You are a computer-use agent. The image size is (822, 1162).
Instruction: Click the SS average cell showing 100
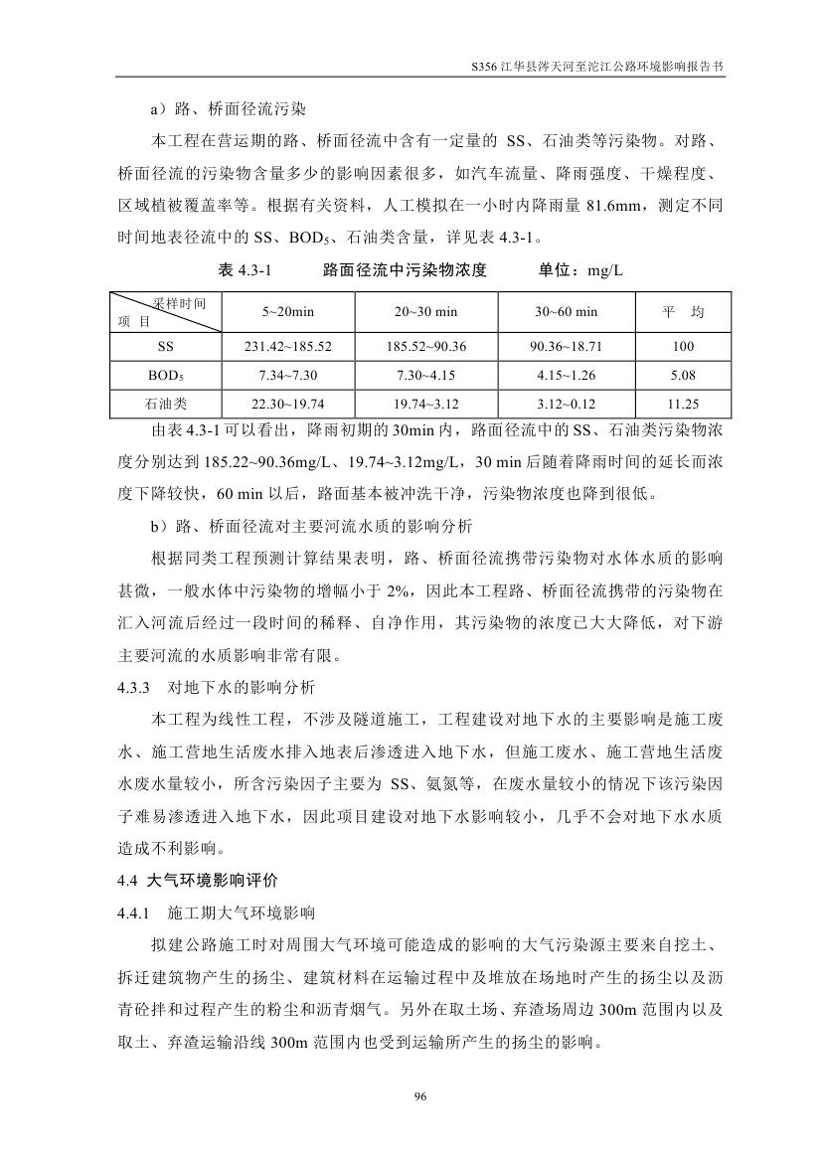682,347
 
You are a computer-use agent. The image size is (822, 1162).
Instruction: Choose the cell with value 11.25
682,404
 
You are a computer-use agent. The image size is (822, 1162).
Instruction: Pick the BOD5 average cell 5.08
682,376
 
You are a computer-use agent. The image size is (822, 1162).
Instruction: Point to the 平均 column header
682,312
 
